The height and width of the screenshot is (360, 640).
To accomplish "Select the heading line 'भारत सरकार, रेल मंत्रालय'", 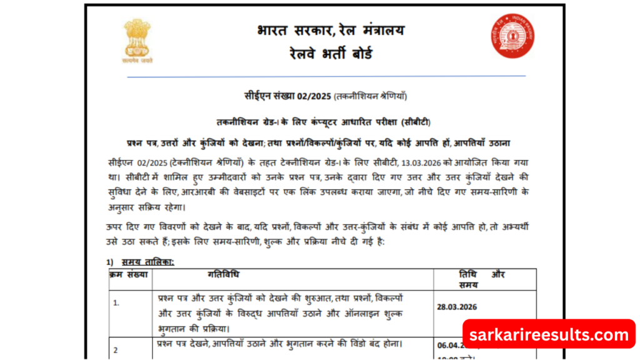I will [x=329, y=29].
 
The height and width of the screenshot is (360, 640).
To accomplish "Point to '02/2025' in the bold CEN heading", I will [x=314, y=96].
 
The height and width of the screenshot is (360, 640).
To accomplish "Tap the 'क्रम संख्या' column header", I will [x=129, y=274].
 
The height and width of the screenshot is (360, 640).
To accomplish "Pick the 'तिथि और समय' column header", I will [x=482, y=279].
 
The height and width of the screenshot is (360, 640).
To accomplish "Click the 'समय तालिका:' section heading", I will [x=148, y=261].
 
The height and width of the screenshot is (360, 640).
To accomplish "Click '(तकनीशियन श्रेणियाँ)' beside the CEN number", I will [x=371, y=96].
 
